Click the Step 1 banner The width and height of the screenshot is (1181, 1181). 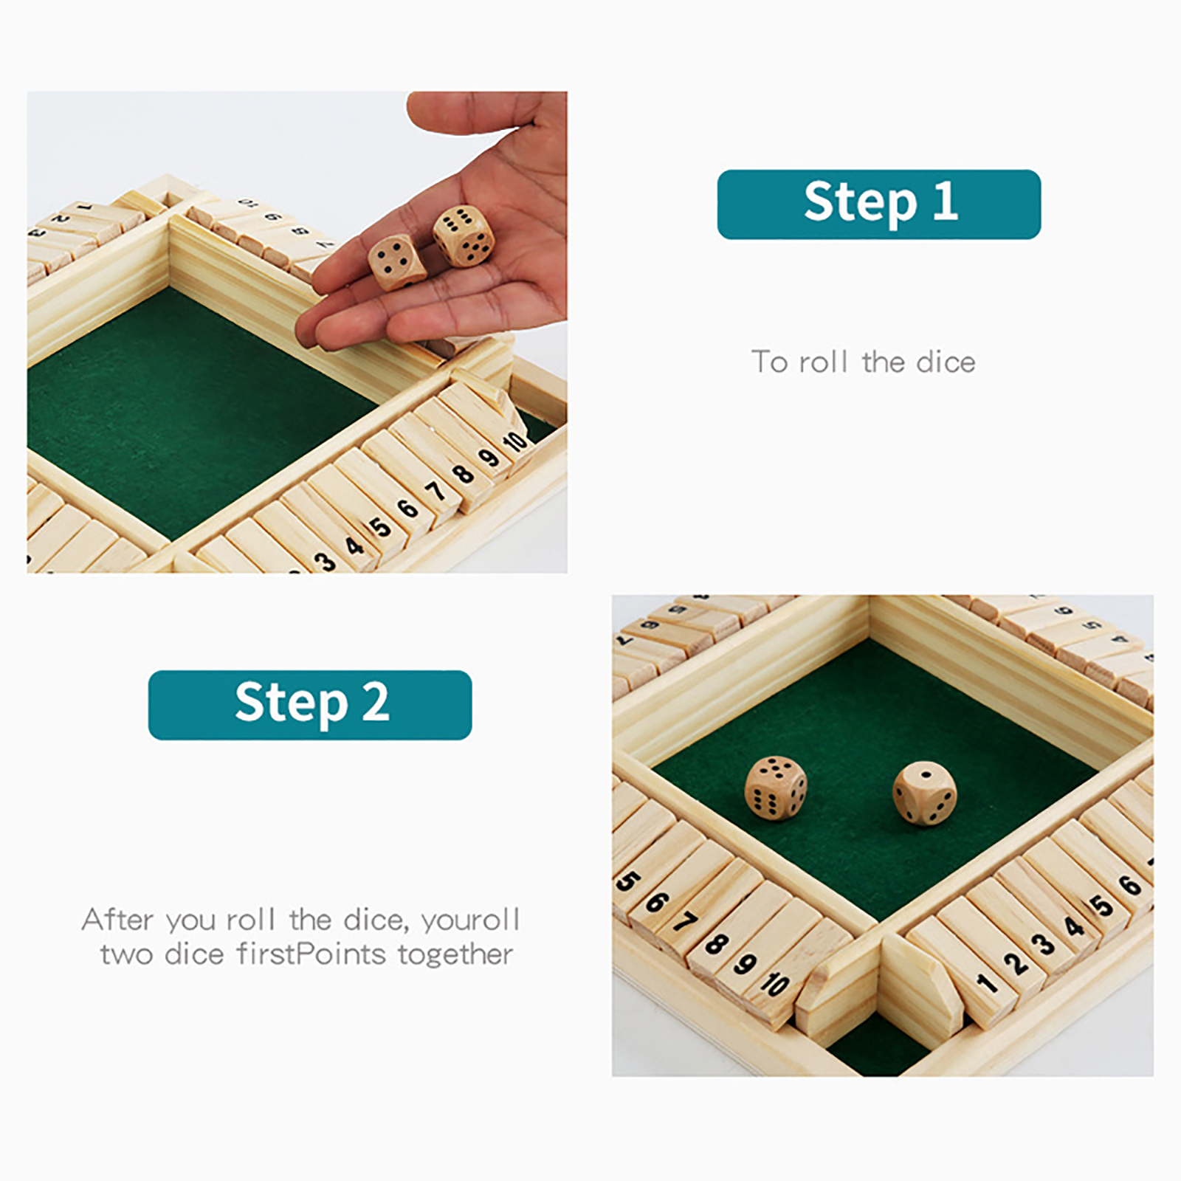point(878,204)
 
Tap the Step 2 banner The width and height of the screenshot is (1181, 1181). point(310,705)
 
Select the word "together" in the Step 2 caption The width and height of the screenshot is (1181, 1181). point(455,954)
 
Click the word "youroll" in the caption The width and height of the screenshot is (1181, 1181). point(471,920)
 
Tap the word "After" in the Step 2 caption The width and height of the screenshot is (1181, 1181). point(118,920)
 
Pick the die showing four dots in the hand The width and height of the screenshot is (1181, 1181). point(397,262)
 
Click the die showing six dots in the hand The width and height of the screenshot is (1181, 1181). point(464,235)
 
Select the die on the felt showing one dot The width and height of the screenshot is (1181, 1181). point(924,793)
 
